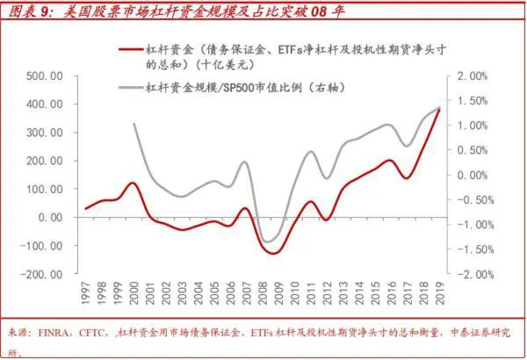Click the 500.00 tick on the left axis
pyautogui.click(x=42, y=76)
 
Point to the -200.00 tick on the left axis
pyautogui.click(x=40, y=274)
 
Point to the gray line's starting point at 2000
pyautogui.click(x=134, y=124)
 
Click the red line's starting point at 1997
pyautogui.click(x=85, y=209)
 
